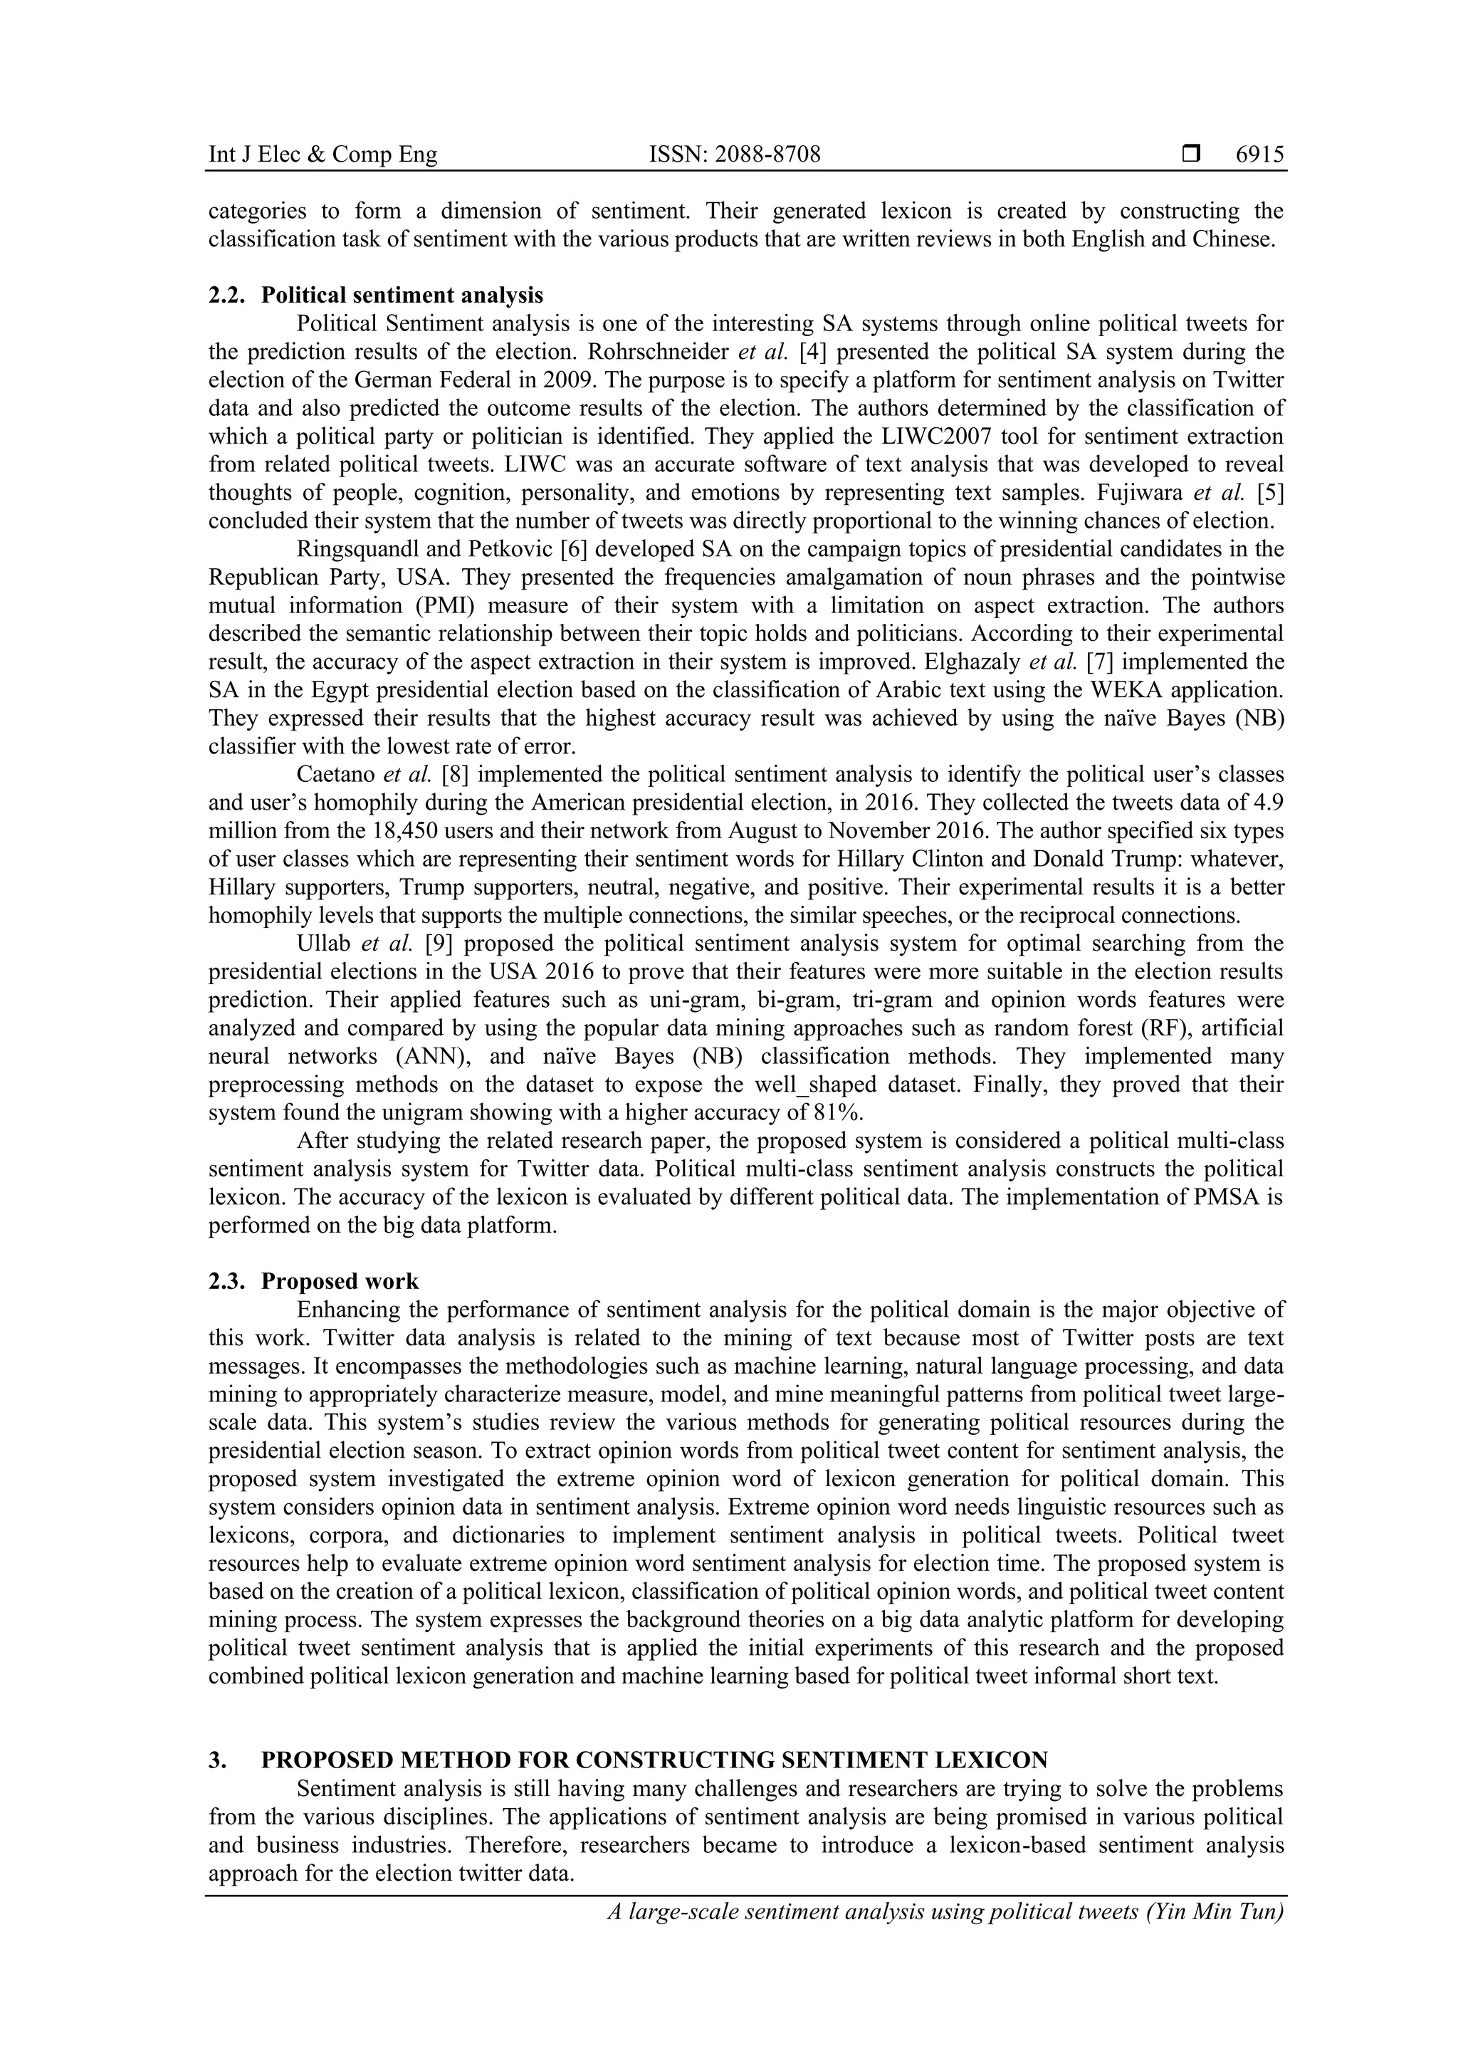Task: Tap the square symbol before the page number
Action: point(1191,155)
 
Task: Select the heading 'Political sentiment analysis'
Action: point(402,295)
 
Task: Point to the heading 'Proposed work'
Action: point(340,1280)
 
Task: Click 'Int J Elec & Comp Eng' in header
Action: point(322,155)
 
